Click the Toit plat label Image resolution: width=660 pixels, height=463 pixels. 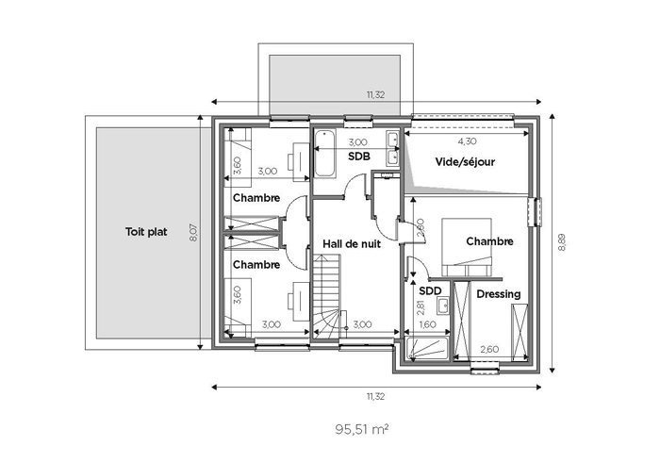(146, 232)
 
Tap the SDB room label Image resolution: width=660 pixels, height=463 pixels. (359, 157)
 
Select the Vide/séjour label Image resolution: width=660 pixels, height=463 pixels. (465, 162)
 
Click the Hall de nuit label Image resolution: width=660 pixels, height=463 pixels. (352, 244)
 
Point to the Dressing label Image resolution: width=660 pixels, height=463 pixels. (499, 294)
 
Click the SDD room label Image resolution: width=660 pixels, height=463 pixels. (430, 290)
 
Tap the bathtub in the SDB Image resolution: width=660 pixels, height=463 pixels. (325, 153)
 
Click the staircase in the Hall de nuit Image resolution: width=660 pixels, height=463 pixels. (326, 296)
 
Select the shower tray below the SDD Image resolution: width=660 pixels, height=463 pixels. (427, 349)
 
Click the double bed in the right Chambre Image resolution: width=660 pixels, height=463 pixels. (467, 247)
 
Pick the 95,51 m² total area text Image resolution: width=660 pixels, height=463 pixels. (361, 429)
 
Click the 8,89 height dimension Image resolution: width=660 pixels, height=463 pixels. (562, 243)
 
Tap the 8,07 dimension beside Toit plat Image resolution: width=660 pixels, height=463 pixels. (193, 232)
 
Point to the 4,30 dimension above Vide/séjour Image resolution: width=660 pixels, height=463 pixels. (467, 141)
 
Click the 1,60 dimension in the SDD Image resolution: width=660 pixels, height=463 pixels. (428, 324)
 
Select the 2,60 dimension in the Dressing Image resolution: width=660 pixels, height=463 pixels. (489, 349)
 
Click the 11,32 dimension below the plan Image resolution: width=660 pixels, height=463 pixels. (375, 396)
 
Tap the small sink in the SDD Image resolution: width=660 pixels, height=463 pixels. (442, 306)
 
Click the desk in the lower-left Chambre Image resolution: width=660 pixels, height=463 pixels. (299, 302)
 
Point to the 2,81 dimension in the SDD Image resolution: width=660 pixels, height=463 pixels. (421, 307)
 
